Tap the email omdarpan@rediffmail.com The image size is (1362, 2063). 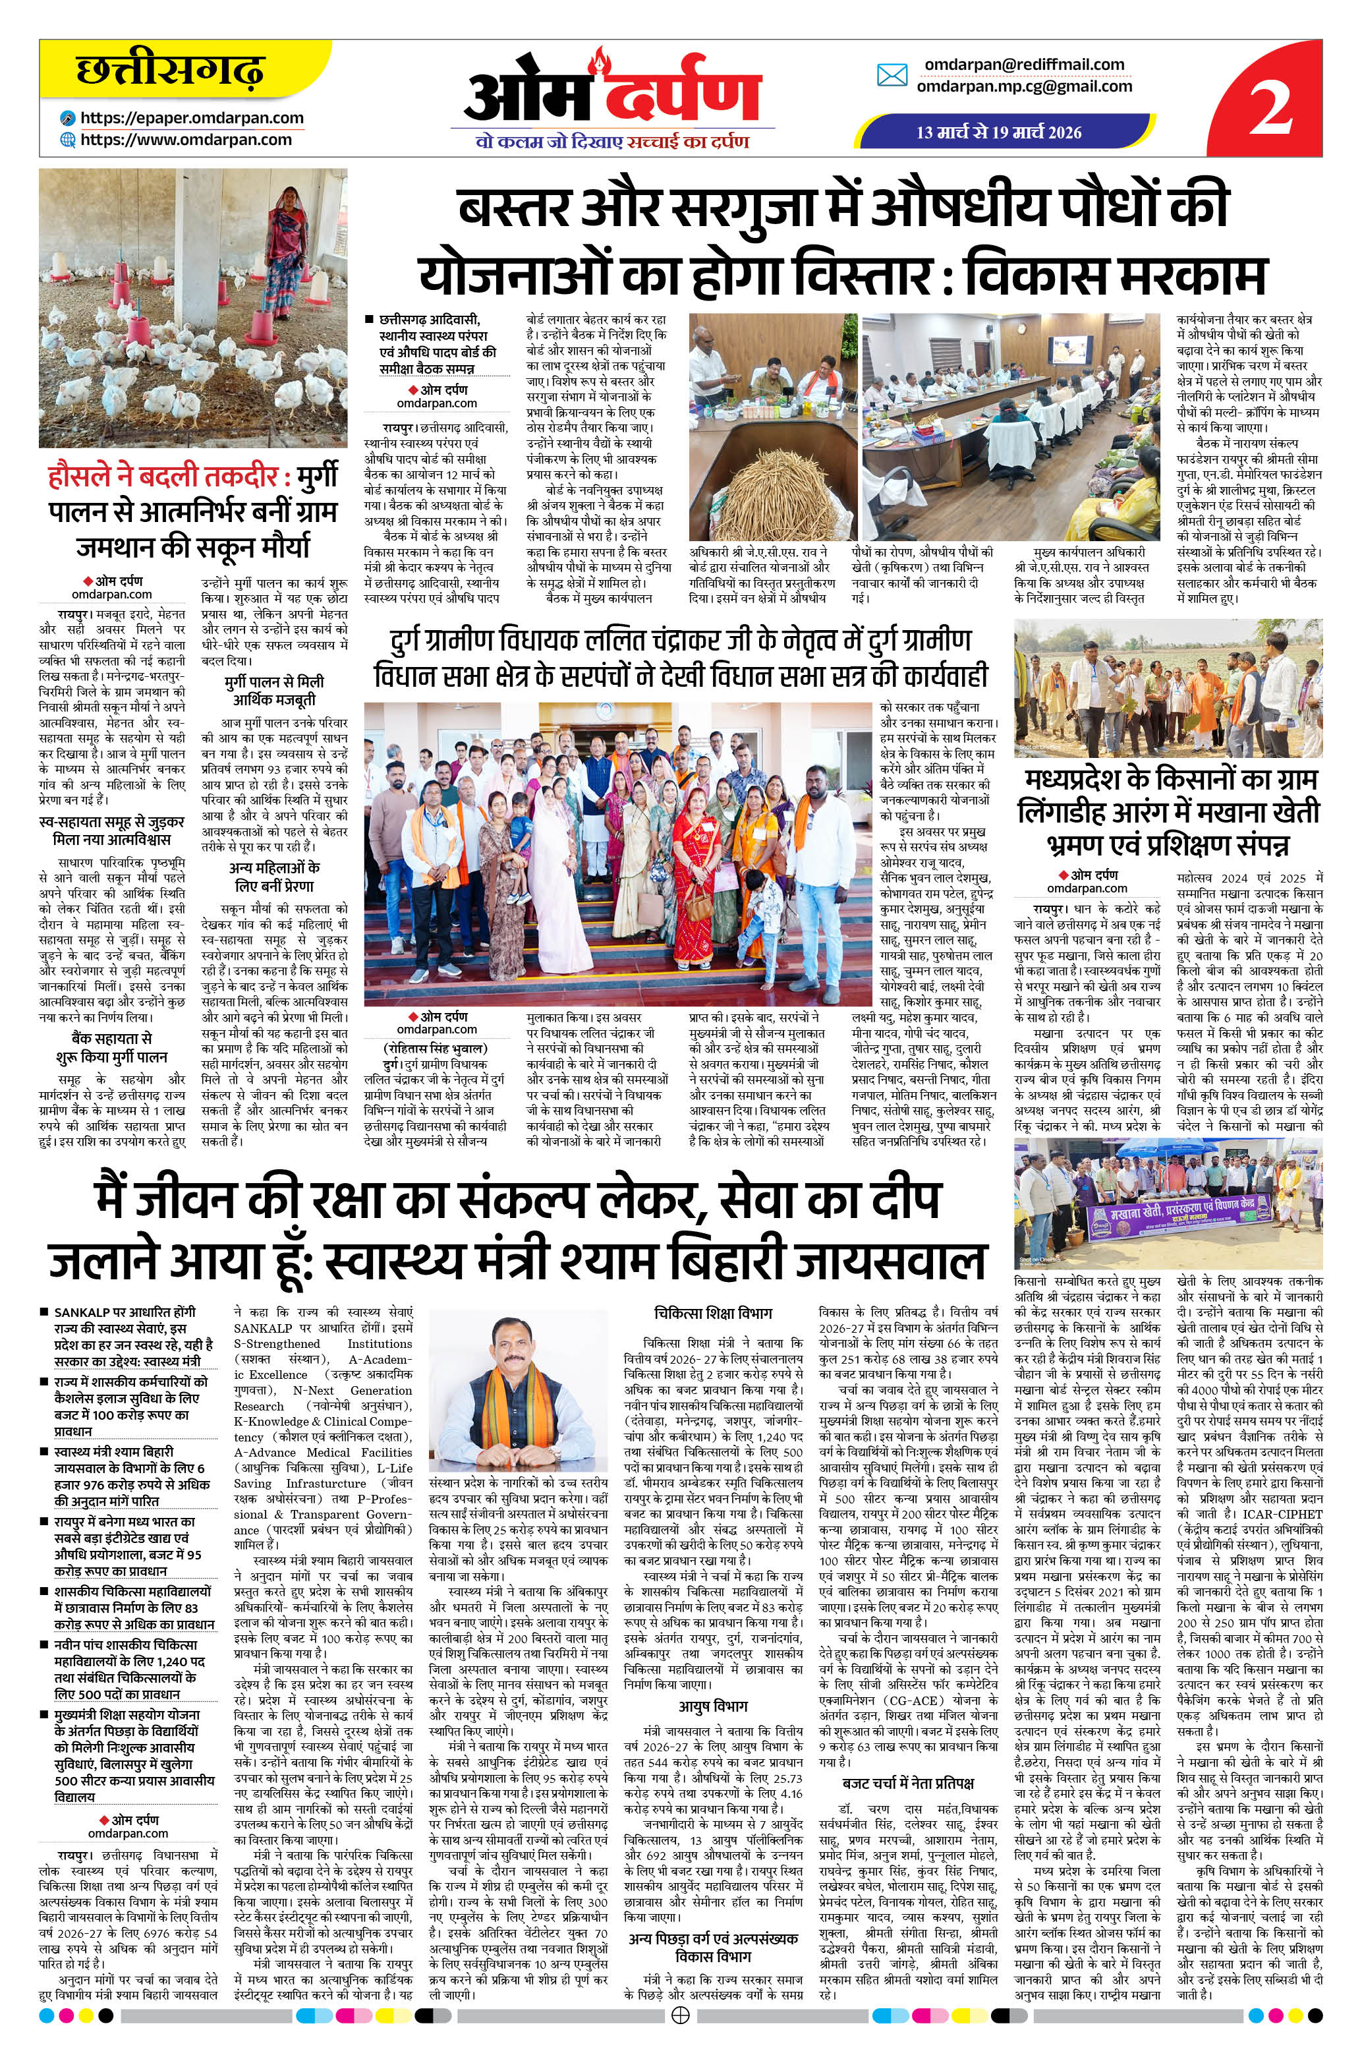pyautogui.click(x=1024, y=65)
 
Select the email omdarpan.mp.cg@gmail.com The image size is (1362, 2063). pyautogui.click(x=1024, y=86)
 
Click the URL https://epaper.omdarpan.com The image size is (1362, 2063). pyautogui.click(x=192, y=118)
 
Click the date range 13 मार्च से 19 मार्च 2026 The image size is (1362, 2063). pyautogui.click(x=1000, y=132)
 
